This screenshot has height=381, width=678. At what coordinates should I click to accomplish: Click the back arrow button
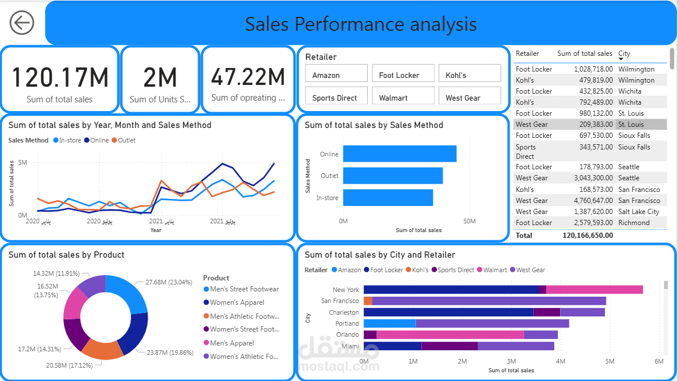coord(22,23)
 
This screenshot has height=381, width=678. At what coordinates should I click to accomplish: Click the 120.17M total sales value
coord(60,77)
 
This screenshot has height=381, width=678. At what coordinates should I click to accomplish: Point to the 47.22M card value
coord(248,77)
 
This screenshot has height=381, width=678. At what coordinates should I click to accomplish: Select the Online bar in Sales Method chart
coord(400,154)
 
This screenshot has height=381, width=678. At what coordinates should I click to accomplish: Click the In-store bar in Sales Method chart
coord(388,198)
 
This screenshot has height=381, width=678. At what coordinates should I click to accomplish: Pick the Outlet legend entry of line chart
coord(123,140)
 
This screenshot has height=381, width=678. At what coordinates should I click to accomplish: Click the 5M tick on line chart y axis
coord(23,162)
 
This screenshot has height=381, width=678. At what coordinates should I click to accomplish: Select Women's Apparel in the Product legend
coord(236,302)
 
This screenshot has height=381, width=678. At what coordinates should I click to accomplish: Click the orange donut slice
coord(102,348)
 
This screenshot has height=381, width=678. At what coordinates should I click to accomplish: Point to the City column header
coord(624,54)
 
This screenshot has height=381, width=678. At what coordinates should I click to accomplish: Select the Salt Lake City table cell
coord(638,212)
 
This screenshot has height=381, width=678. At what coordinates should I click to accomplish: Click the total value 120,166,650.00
coord(587,236)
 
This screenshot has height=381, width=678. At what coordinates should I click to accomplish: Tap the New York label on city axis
coord(346,290)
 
